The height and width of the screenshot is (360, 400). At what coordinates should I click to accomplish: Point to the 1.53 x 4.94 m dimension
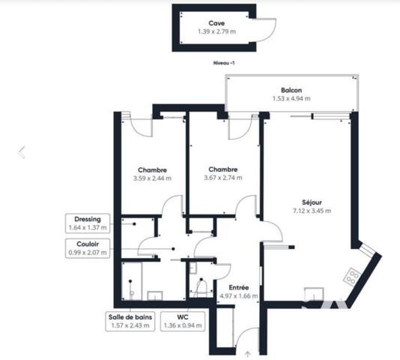coord(292,98)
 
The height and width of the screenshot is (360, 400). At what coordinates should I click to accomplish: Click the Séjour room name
coord(312,202)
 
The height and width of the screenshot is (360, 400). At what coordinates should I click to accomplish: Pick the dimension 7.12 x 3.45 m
coord(312,211)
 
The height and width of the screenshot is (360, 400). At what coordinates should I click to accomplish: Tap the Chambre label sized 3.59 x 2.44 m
coord(152,169)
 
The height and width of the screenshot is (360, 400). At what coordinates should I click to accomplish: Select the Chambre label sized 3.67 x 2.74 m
coord(224,169)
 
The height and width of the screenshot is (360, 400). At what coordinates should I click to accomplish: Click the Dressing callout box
coord(88,223)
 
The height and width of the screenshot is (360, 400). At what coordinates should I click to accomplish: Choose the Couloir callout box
coord(88,248)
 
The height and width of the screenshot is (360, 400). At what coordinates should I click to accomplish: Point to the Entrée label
coord(239,287)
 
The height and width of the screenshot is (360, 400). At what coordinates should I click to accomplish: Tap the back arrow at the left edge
coord(22,152)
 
